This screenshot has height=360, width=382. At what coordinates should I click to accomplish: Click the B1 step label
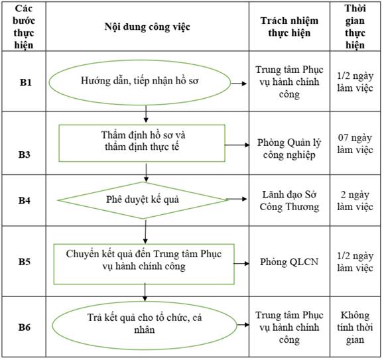(26, 82)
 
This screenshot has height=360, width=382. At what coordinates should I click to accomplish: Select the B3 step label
(25, 154)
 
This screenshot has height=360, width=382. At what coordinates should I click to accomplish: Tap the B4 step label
(25, 200)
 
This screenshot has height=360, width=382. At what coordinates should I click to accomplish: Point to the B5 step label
(25, 262)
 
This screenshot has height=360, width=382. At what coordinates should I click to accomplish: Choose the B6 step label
(25, 327)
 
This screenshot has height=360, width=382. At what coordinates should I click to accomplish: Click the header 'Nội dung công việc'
(147, 27)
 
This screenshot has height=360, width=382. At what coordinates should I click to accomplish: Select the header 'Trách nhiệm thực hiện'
(289, 27)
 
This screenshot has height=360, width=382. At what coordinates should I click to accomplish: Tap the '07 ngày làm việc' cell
(355, 144)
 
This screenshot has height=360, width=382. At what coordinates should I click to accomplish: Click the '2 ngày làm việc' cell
(355, 201)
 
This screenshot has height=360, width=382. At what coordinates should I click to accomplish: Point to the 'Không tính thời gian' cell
(355, 327)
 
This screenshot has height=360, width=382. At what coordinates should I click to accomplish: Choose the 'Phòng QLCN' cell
(289, 262)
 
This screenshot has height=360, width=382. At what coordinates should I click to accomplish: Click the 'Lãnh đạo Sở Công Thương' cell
(289, 201)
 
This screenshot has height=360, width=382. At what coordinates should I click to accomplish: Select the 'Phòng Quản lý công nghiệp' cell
(289, 149)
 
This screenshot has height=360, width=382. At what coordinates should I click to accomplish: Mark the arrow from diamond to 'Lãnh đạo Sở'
(236, 199)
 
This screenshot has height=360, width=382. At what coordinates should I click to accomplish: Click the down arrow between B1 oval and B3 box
(146, 114)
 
